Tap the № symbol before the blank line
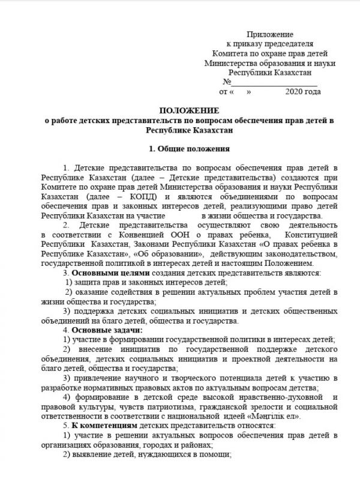[227, 82]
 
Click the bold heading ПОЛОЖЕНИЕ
[189, 111]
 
